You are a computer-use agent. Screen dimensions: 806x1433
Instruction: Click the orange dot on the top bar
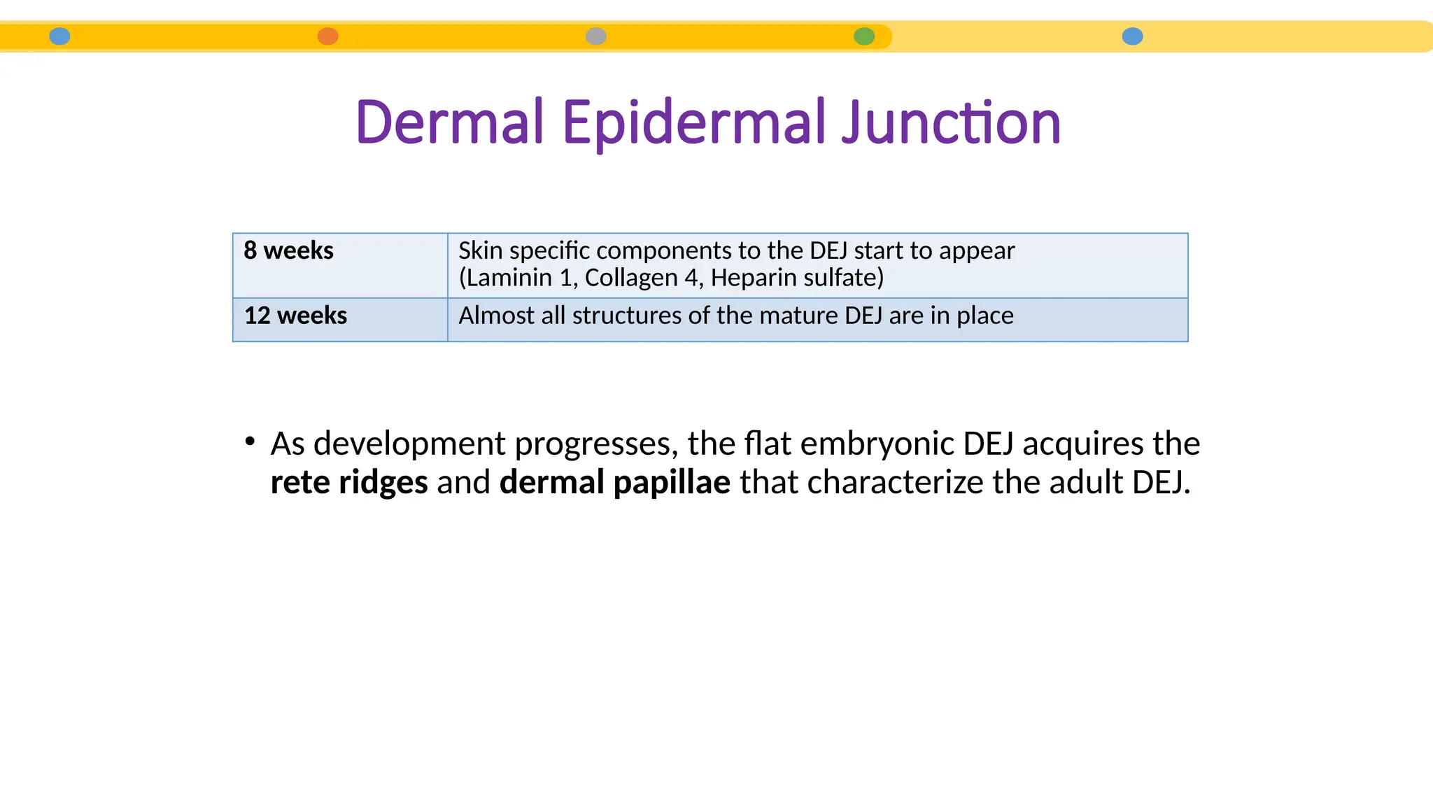pyautogui.click(x=327, y=36)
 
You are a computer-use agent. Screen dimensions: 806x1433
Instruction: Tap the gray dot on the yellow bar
pyautogui.click(x=596, y=36)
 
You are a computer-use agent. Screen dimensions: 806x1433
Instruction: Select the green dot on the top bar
pyautogui.click(x=864, y=36)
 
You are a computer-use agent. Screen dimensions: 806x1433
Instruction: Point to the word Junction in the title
pyautogui.click(x=951, y=123)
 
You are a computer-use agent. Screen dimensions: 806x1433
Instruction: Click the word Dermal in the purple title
pyautogui.click(x=449, y=123)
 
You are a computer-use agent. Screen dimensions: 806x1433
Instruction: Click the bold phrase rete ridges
pyautogui.click(x=349, y=482)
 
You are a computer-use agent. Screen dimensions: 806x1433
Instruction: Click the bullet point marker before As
pyautogui.click(x=250, y=441)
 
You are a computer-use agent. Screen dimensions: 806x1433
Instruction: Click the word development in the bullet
pyautogui.click(x=409, y=444)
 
